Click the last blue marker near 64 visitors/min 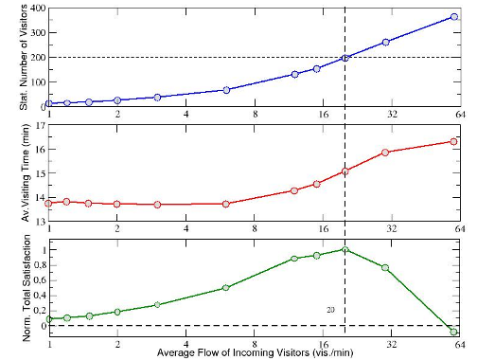pos(454,17)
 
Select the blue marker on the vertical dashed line pos(345,58)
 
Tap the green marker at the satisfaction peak pos(345,250)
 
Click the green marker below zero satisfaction pos(453,332)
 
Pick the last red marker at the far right pos(453,141)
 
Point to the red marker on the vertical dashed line pos(345,171)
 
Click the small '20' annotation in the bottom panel pos(330,310)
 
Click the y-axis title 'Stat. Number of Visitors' pos(25,58)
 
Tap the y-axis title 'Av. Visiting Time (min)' pos(25,172)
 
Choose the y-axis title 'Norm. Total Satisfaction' pos(27,288)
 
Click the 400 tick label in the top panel pos(38,8)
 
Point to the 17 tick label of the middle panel pos(42,125)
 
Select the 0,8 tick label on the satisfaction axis pos(40,265)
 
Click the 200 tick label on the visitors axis pos(38,57)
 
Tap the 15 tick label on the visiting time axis pos(42,173)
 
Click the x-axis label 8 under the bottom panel pos(255,344)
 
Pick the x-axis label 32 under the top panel pos(392,114)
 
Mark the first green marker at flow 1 pos(49,318)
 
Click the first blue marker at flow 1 pos(49,103)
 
